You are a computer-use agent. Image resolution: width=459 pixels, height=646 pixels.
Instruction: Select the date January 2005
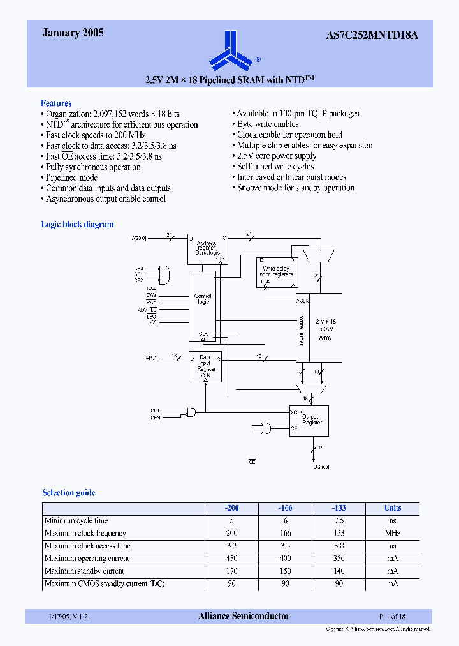click(73, 33)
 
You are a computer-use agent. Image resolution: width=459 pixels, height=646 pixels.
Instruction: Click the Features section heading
click(56, 103)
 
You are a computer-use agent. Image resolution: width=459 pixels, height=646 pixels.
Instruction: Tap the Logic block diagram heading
click(77, 224)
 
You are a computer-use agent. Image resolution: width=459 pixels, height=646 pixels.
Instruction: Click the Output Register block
click(309, 421)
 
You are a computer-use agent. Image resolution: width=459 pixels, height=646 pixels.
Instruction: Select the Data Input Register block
click(205, 366)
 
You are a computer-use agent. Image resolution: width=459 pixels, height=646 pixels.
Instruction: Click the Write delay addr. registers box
click(276, 273)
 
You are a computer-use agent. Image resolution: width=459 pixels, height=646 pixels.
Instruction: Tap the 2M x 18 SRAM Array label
click(325, 329)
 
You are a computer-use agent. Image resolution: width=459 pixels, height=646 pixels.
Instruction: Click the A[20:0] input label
click(139, 238)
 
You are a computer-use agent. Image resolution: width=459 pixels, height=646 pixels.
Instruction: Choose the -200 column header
click(231, 508)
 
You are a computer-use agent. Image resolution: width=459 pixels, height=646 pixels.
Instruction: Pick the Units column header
click(393, 508)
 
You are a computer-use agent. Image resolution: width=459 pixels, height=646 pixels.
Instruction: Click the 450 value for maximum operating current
click(231, 559)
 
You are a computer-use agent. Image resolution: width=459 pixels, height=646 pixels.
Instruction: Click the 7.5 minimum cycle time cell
click(339, 521)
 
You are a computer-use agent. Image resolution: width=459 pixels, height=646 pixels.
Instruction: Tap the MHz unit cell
click(393, 533)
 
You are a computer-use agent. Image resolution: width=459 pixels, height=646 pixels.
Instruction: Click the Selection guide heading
click(69, 492)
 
